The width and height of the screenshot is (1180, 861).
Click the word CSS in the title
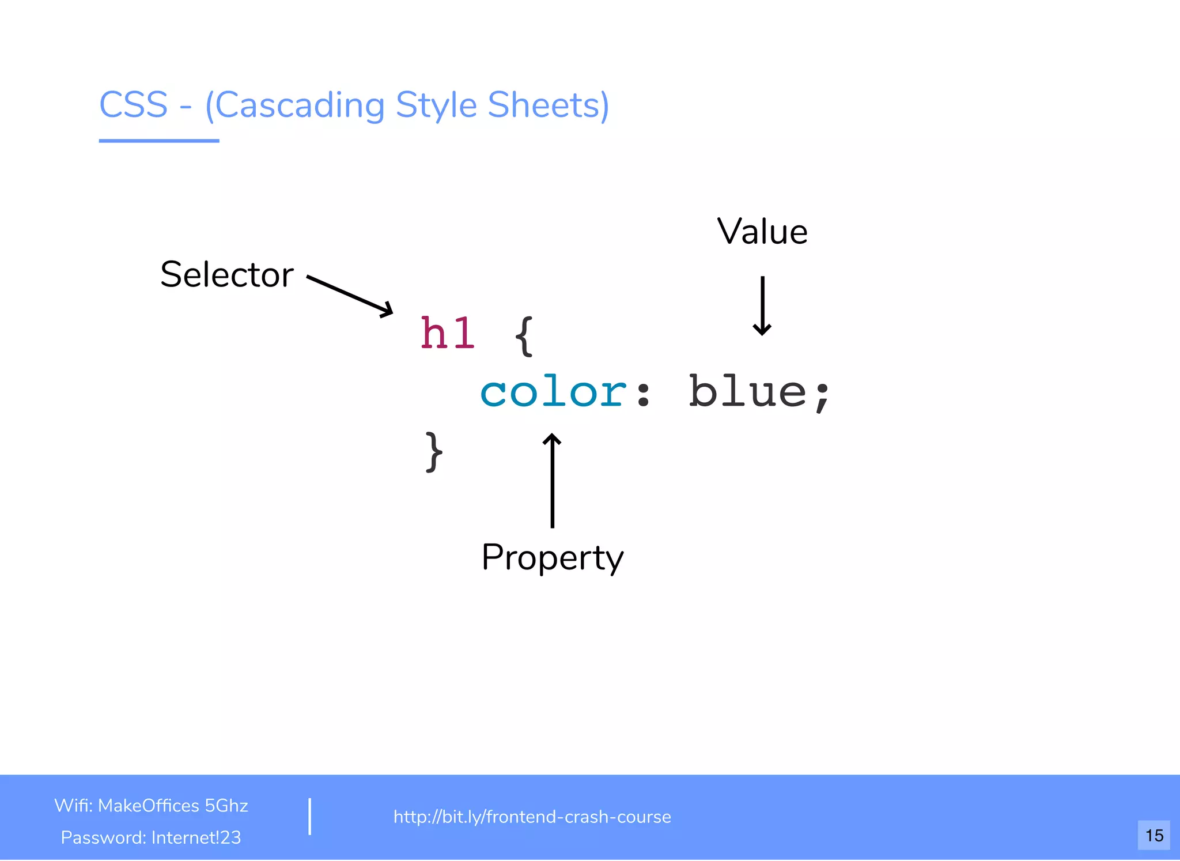(x=133, y=105)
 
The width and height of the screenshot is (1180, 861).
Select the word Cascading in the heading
(x=300, y=105)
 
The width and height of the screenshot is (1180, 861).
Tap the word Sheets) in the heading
(x=547, y=105)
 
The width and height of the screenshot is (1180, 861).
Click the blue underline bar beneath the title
(x=159, y=140)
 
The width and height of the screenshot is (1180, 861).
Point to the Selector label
(x=227, y=274)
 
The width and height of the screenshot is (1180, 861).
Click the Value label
(x=762, y=232)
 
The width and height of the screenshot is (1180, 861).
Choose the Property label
(x=552, y=557)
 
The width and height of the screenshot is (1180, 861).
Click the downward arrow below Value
(x=762, y=305)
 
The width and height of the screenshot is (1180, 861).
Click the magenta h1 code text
(x=448, y=334)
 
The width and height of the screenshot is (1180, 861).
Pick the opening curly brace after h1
(x=524, y=336)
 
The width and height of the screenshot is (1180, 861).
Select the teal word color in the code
(x=553, y=392)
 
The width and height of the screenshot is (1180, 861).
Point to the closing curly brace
(x=434, y=452)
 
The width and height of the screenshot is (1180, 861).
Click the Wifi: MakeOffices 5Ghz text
(x=151, y=805)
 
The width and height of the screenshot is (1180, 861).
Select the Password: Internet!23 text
(x=151, y=837)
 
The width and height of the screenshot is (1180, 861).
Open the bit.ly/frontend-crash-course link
(x=532, y=817)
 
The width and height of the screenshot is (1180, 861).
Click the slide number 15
(x=1153, y=835)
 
